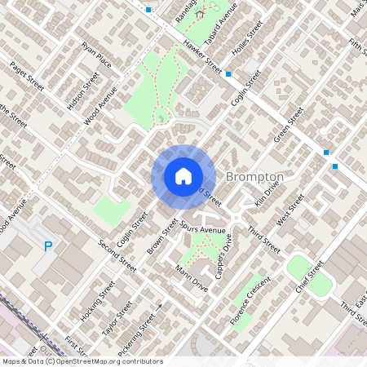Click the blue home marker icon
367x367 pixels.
click(183, 175)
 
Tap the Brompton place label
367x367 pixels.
click(254, 177)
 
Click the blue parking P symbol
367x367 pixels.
click(48, 246)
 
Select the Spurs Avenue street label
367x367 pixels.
click(202, 230)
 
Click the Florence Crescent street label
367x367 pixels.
click(250, 298)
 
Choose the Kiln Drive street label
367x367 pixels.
click(267, 193)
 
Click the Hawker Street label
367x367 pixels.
click(203, 56)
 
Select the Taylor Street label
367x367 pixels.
click(117, 317)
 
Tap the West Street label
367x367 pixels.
click(290, 210)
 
